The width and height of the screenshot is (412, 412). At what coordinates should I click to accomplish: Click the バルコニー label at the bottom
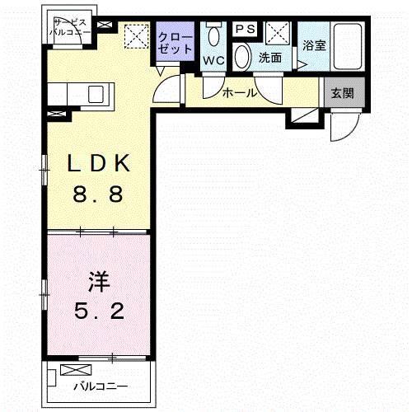[100, 386]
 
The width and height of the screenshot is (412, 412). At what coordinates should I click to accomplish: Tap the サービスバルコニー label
[69, 28]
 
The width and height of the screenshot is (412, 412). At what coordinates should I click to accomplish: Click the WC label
[213, 60]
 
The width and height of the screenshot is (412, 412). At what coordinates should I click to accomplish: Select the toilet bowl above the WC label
[214, 37]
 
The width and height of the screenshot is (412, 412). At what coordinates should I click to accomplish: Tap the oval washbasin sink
[243, 57]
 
